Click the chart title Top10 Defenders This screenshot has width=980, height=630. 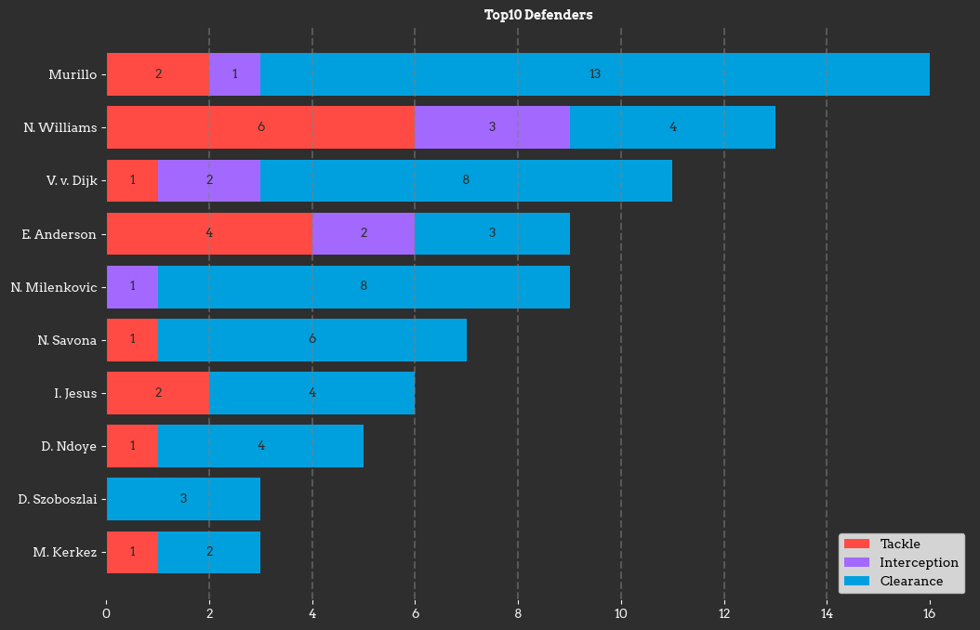pyautogui.click(x=537, y=15)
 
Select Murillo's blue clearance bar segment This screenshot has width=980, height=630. pyautogui.click(x=594, y=74)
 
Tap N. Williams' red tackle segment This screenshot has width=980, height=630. pyautogui.click(x=260, y=127)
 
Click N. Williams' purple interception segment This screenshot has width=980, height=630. pyautogui.click(x=492, y=127)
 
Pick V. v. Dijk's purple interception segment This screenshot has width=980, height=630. pyautogui.click(x=209, y=180)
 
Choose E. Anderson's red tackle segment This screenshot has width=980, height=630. pyautogui.click(x=209, y=233)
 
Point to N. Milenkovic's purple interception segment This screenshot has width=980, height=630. pyautogui.click(x=132, y=286)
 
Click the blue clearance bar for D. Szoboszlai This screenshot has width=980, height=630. pyautogui.click(x=183, y=499)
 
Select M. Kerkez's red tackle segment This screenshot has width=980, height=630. pyautogui.click(x=132, y=552)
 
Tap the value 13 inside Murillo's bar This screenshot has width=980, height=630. pyautogui.click(x=595, y=74)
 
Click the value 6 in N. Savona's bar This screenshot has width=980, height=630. pyautogui.click(x=312, y=340)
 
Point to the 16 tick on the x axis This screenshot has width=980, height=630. pyautogui.click(x=929, y=613)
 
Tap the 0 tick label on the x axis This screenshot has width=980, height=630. pyautogui.click(x=107, y=613)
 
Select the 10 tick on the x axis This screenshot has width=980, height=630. pyautogui.click(x=621, y=613)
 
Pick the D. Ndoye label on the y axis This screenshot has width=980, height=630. pyautogui.click(x=69, y=446)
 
